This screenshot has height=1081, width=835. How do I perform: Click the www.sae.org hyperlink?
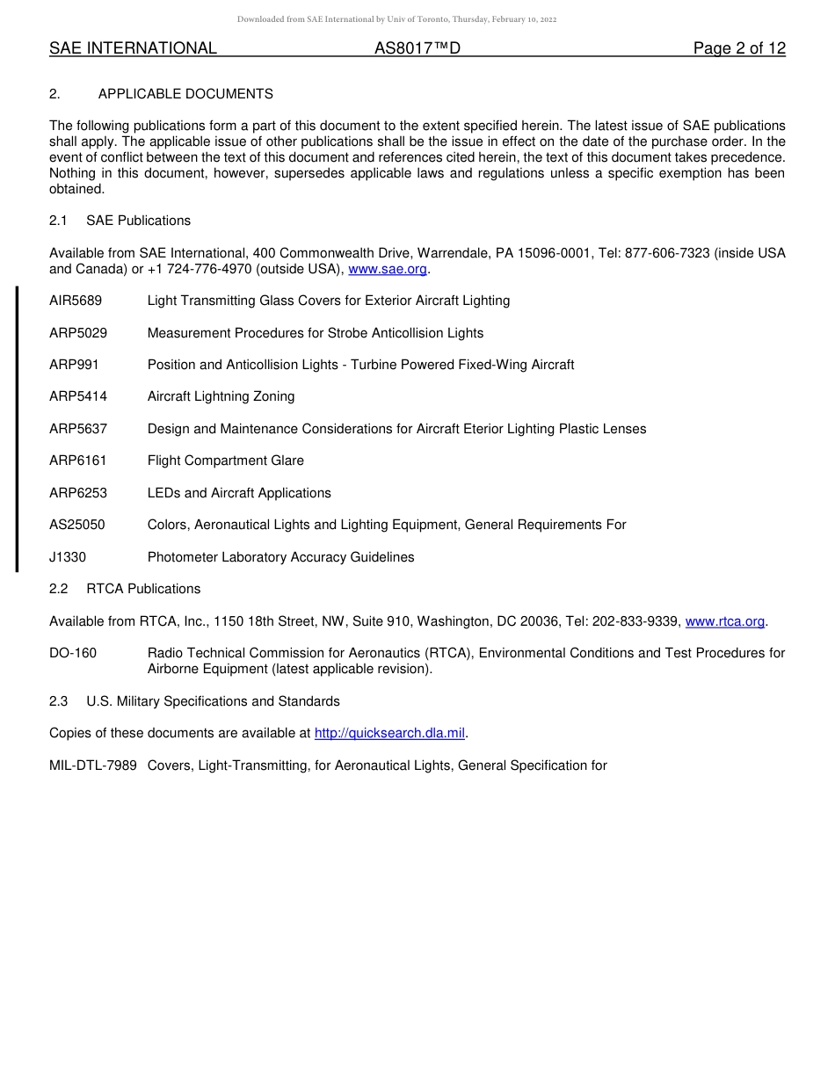tap(388, 269)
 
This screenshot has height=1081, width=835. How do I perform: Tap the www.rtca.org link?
tap(724, 621)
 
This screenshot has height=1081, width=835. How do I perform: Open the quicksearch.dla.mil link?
tap(389, 733)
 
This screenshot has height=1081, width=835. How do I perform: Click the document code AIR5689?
tap(76, 301)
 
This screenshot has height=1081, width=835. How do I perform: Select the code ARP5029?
tap(77, 333)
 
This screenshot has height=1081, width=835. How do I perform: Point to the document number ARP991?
tap(74, 365)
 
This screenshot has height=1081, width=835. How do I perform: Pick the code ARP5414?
tap(77, 396)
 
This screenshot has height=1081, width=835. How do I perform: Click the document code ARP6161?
tap(77, 461)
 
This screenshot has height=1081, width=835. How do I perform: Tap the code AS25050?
tap(76, 525)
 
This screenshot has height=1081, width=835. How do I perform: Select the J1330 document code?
tap(68, 557)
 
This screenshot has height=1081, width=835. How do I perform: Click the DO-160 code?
tap(73, 653)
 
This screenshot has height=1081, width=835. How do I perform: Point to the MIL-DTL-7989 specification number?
tap(93, 765)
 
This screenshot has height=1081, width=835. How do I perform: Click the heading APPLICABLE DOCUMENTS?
tap(185, 94)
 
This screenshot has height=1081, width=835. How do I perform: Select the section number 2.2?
tap(59, 589)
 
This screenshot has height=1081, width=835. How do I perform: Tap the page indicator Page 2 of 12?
tap(739, 48)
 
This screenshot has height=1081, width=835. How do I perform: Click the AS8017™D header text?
tap(417, 48)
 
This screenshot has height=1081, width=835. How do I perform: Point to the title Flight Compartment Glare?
tap(225, 461)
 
